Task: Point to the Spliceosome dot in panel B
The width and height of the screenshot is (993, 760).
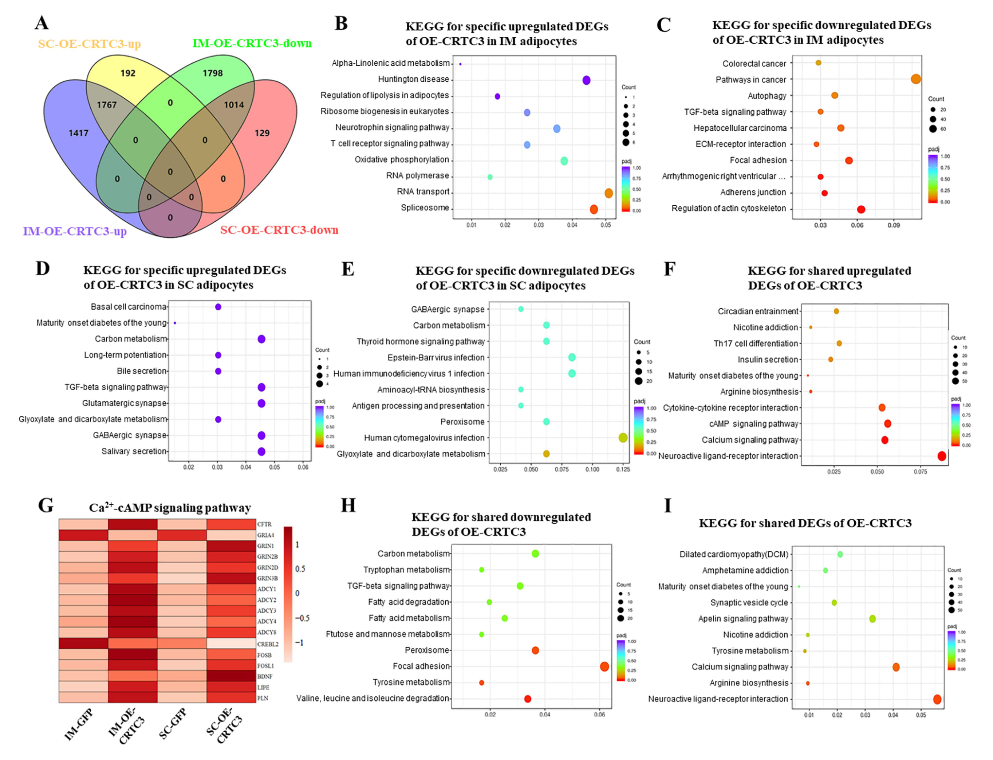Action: click(594, 209)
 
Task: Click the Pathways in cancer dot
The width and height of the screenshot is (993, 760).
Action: click(915, 79)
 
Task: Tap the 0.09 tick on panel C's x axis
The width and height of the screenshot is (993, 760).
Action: click(893, 225)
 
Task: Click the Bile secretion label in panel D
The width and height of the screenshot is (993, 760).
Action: click(142, 371)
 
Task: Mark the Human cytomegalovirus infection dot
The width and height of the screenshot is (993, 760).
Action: click(623, 438)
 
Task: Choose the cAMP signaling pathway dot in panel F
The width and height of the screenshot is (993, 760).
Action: click(888, 423)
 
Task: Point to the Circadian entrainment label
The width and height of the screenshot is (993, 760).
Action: click(758, 311)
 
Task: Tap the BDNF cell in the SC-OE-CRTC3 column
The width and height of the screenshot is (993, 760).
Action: click(231, 676)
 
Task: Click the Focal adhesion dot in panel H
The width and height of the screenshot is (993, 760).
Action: click(604, 666)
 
